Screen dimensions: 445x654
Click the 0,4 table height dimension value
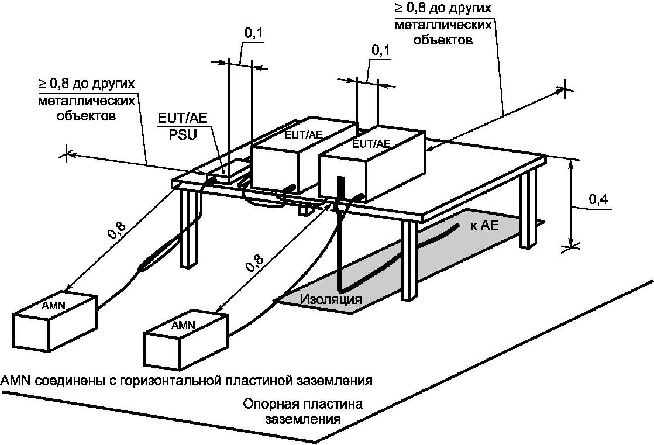596,199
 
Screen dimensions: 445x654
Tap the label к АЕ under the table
484,226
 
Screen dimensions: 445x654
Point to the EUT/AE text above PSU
183,119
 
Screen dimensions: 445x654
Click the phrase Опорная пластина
302,405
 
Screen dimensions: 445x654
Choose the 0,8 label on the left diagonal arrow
116,233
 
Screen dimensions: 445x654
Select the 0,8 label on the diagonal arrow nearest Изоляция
254,265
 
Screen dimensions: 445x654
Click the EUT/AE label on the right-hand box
372,144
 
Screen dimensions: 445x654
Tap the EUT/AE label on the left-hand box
303,134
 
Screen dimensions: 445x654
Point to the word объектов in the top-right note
443,40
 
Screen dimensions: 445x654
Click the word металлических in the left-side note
87,101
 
